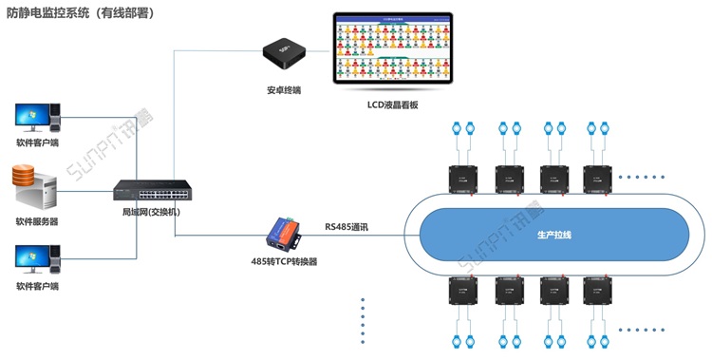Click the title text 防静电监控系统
pyautogui.click(x=51, y=14)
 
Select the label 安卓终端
pyautogui.click(x=284, y=91)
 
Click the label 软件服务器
pyautogui.click(x=36, y=221)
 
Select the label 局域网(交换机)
pyautogui.click(x=151, y=213)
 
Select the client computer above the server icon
pyautogui.click(x=36, y=118)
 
